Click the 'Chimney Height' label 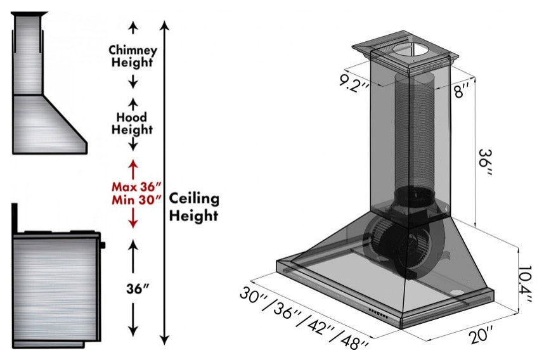coord(133,56)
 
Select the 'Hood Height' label coord(133,124)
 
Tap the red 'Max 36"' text coord(137,187)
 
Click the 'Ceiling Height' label coord(194,207)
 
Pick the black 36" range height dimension coord(137,288)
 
